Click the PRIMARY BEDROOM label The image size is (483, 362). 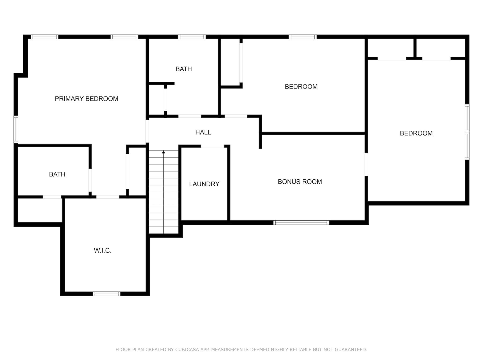(x=86, y=99)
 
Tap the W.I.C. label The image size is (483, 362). (x=103, y=250)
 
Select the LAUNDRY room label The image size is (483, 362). (x=204, y=184)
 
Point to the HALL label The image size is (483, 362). (x=203, y=132)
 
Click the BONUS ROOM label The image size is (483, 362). (x=300, y=182)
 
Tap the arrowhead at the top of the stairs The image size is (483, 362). (x=163, y=152)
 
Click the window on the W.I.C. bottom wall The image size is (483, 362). (x=107, y=294)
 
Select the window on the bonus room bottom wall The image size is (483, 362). (x=301, y=223)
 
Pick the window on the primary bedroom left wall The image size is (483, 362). (x=16, y=129)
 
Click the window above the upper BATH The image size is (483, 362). (x=192, y=37)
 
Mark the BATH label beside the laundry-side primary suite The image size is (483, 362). (x=57, y=174)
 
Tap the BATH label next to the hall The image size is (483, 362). (x=184, y=69)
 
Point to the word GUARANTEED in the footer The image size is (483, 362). (x=353, y=349)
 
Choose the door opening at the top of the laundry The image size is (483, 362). (x=212, y=146)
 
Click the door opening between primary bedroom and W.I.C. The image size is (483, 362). (x=108, y=197)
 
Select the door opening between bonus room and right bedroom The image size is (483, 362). (x=366, y=164)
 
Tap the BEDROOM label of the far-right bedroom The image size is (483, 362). (x=416, y=133)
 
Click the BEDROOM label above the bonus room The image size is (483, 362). (x=301, y=87)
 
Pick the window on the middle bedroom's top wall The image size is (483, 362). (x=303, y=37)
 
